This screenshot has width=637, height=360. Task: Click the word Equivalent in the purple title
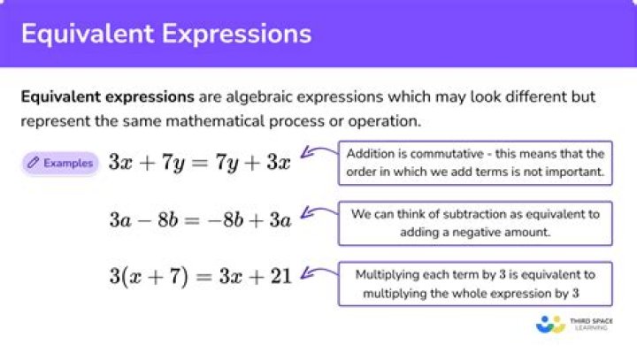click(79, 34)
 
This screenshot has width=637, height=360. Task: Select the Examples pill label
click(68, 163)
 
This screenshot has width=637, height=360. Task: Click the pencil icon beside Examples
click(34, 163)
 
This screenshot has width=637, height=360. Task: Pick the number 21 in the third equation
click(280, 276)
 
